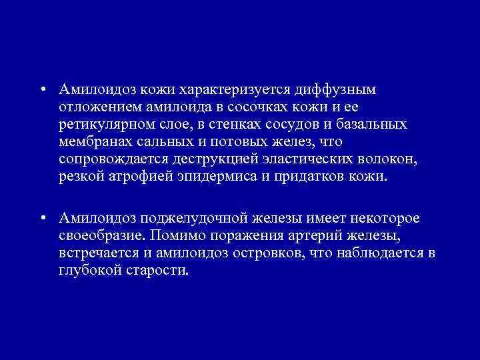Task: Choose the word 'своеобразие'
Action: (x=101, y=236)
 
